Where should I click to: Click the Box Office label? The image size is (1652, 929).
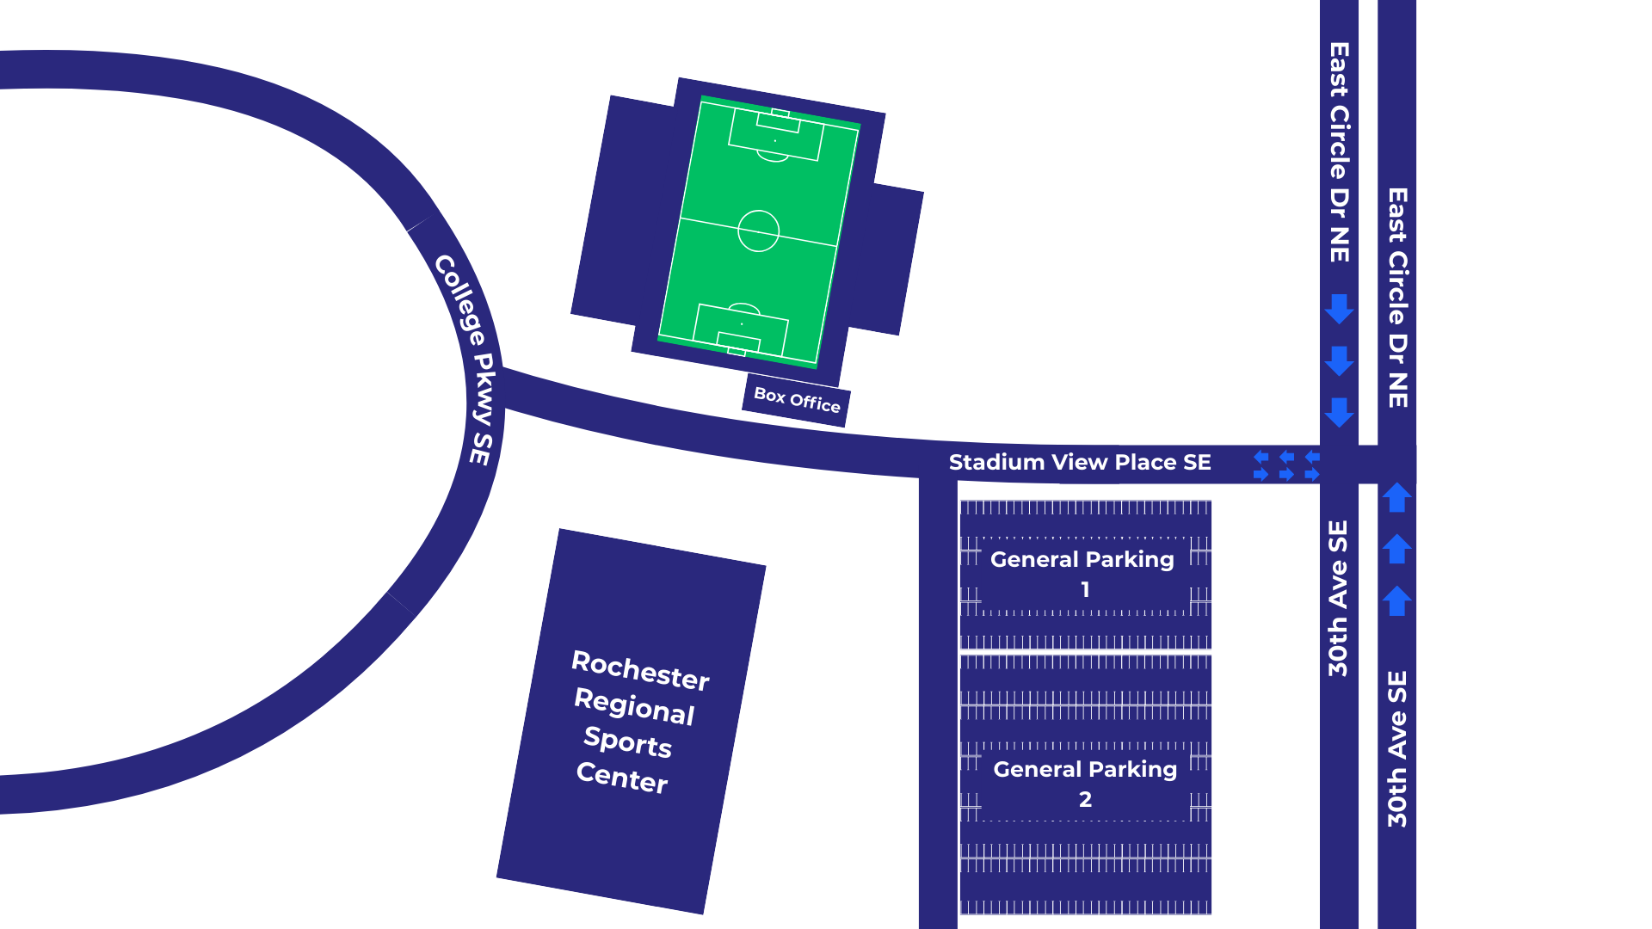[797, 400]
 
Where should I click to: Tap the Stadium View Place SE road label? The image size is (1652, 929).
[1079, 463]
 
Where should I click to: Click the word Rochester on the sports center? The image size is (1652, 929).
[640, 671]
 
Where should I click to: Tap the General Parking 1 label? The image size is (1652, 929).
[1082, 572]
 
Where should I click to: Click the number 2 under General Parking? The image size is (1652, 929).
[1085, 800]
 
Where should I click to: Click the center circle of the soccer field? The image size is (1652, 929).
[758, 231]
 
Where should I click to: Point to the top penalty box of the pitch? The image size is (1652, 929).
[775, 135]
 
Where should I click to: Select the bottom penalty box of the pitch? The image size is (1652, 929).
[741, 328]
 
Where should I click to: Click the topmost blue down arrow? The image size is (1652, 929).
[1339, 309]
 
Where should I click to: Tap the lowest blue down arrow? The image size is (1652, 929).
[1339, 412]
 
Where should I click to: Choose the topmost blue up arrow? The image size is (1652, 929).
[1396, 497]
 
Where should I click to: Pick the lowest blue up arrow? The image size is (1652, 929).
[1396, 600]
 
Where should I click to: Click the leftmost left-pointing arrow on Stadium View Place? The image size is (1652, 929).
[1261, 457]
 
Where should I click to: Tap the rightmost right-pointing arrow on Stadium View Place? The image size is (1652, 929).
[1312, 474]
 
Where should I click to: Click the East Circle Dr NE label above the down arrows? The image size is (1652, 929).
[1339, 152]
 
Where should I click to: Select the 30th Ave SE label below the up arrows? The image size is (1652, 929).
[1396, 748]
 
